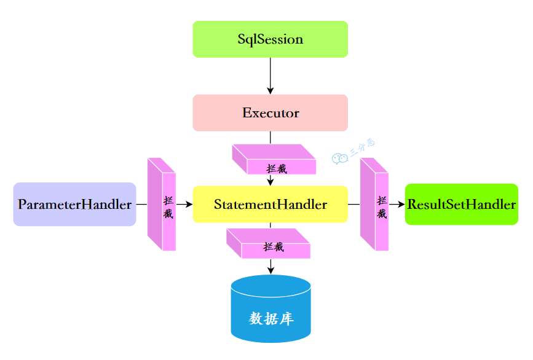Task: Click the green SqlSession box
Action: tap(270, 39)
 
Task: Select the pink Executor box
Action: tap(270, 113)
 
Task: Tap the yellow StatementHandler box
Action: tap(270, 204)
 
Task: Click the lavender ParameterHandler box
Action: tap(74, 205)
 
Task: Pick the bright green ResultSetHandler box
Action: tap(461, 205)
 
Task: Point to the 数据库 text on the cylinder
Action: tap(270, 319)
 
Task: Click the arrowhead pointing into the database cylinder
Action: tap(270, 270)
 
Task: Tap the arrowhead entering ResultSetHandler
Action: tap(401, 204)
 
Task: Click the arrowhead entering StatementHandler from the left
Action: tap(189, 204)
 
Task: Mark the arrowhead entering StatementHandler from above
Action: tap(270, 181)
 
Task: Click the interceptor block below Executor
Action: tap(274, 159)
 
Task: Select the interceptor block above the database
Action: tap(269, 243)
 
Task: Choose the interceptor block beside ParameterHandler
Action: tap(162, 205)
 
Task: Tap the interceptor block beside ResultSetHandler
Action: tap(374, 205)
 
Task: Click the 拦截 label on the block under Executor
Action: tap(277, 168)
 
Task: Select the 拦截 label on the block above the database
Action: tap(274, 247)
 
